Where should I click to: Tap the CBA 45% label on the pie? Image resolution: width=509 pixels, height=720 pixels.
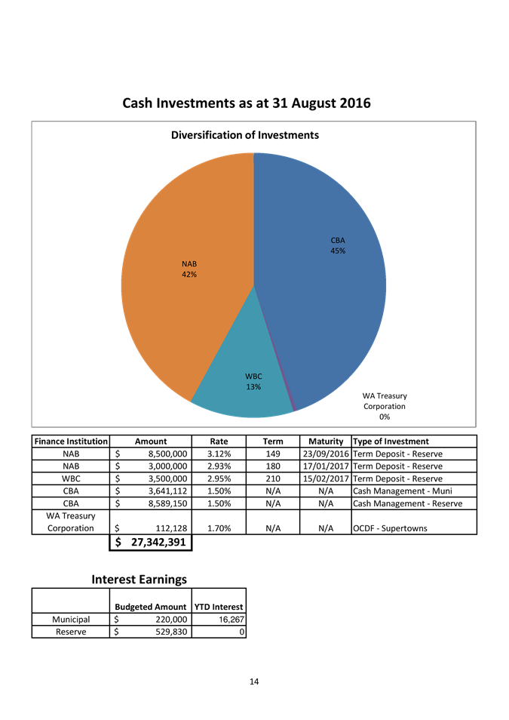(338, 245)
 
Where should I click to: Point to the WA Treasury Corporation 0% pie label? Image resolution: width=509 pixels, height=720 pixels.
(385, 406)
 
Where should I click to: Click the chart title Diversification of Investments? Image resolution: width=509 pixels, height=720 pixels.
(244, 135)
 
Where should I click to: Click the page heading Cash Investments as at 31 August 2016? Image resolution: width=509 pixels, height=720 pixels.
(247, 103)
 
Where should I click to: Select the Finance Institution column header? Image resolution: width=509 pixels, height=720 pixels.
(71, 442)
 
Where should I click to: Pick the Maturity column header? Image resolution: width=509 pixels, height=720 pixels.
(326, 442)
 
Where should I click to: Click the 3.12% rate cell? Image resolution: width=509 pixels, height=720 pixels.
(219, 454)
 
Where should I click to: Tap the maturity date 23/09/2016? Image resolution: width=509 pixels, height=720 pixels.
(326, 454)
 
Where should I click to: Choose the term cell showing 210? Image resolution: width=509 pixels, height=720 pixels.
(273, 478)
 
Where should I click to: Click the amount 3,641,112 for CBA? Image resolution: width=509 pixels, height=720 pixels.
(161, 491)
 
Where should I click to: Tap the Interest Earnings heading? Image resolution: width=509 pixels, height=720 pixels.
(140, 579)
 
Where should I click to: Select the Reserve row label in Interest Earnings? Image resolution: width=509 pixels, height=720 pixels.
(71, 632)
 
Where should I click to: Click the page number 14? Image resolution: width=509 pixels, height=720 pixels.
(254, 682)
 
